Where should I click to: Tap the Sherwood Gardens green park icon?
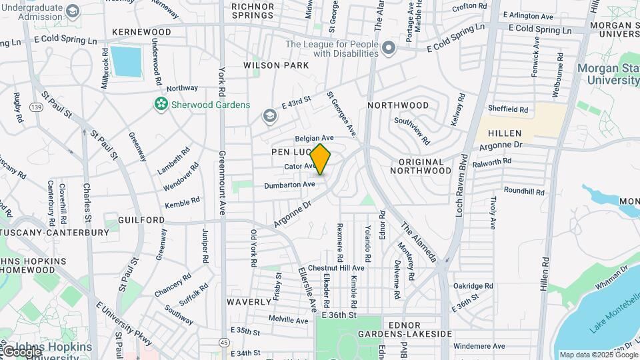point(160,104)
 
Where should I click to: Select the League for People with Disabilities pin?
point(390,50)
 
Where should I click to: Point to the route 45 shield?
point(223,342)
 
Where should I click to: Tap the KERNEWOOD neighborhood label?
point(141,32)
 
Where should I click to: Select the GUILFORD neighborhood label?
point(141,219)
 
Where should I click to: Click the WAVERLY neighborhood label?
point(248,301)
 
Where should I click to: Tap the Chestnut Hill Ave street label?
point(331,267)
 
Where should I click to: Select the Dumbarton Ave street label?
point(289,185)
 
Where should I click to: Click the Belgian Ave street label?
point(314,138)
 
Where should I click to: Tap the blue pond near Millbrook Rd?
point(127,62)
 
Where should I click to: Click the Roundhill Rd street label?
point(523,191)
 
